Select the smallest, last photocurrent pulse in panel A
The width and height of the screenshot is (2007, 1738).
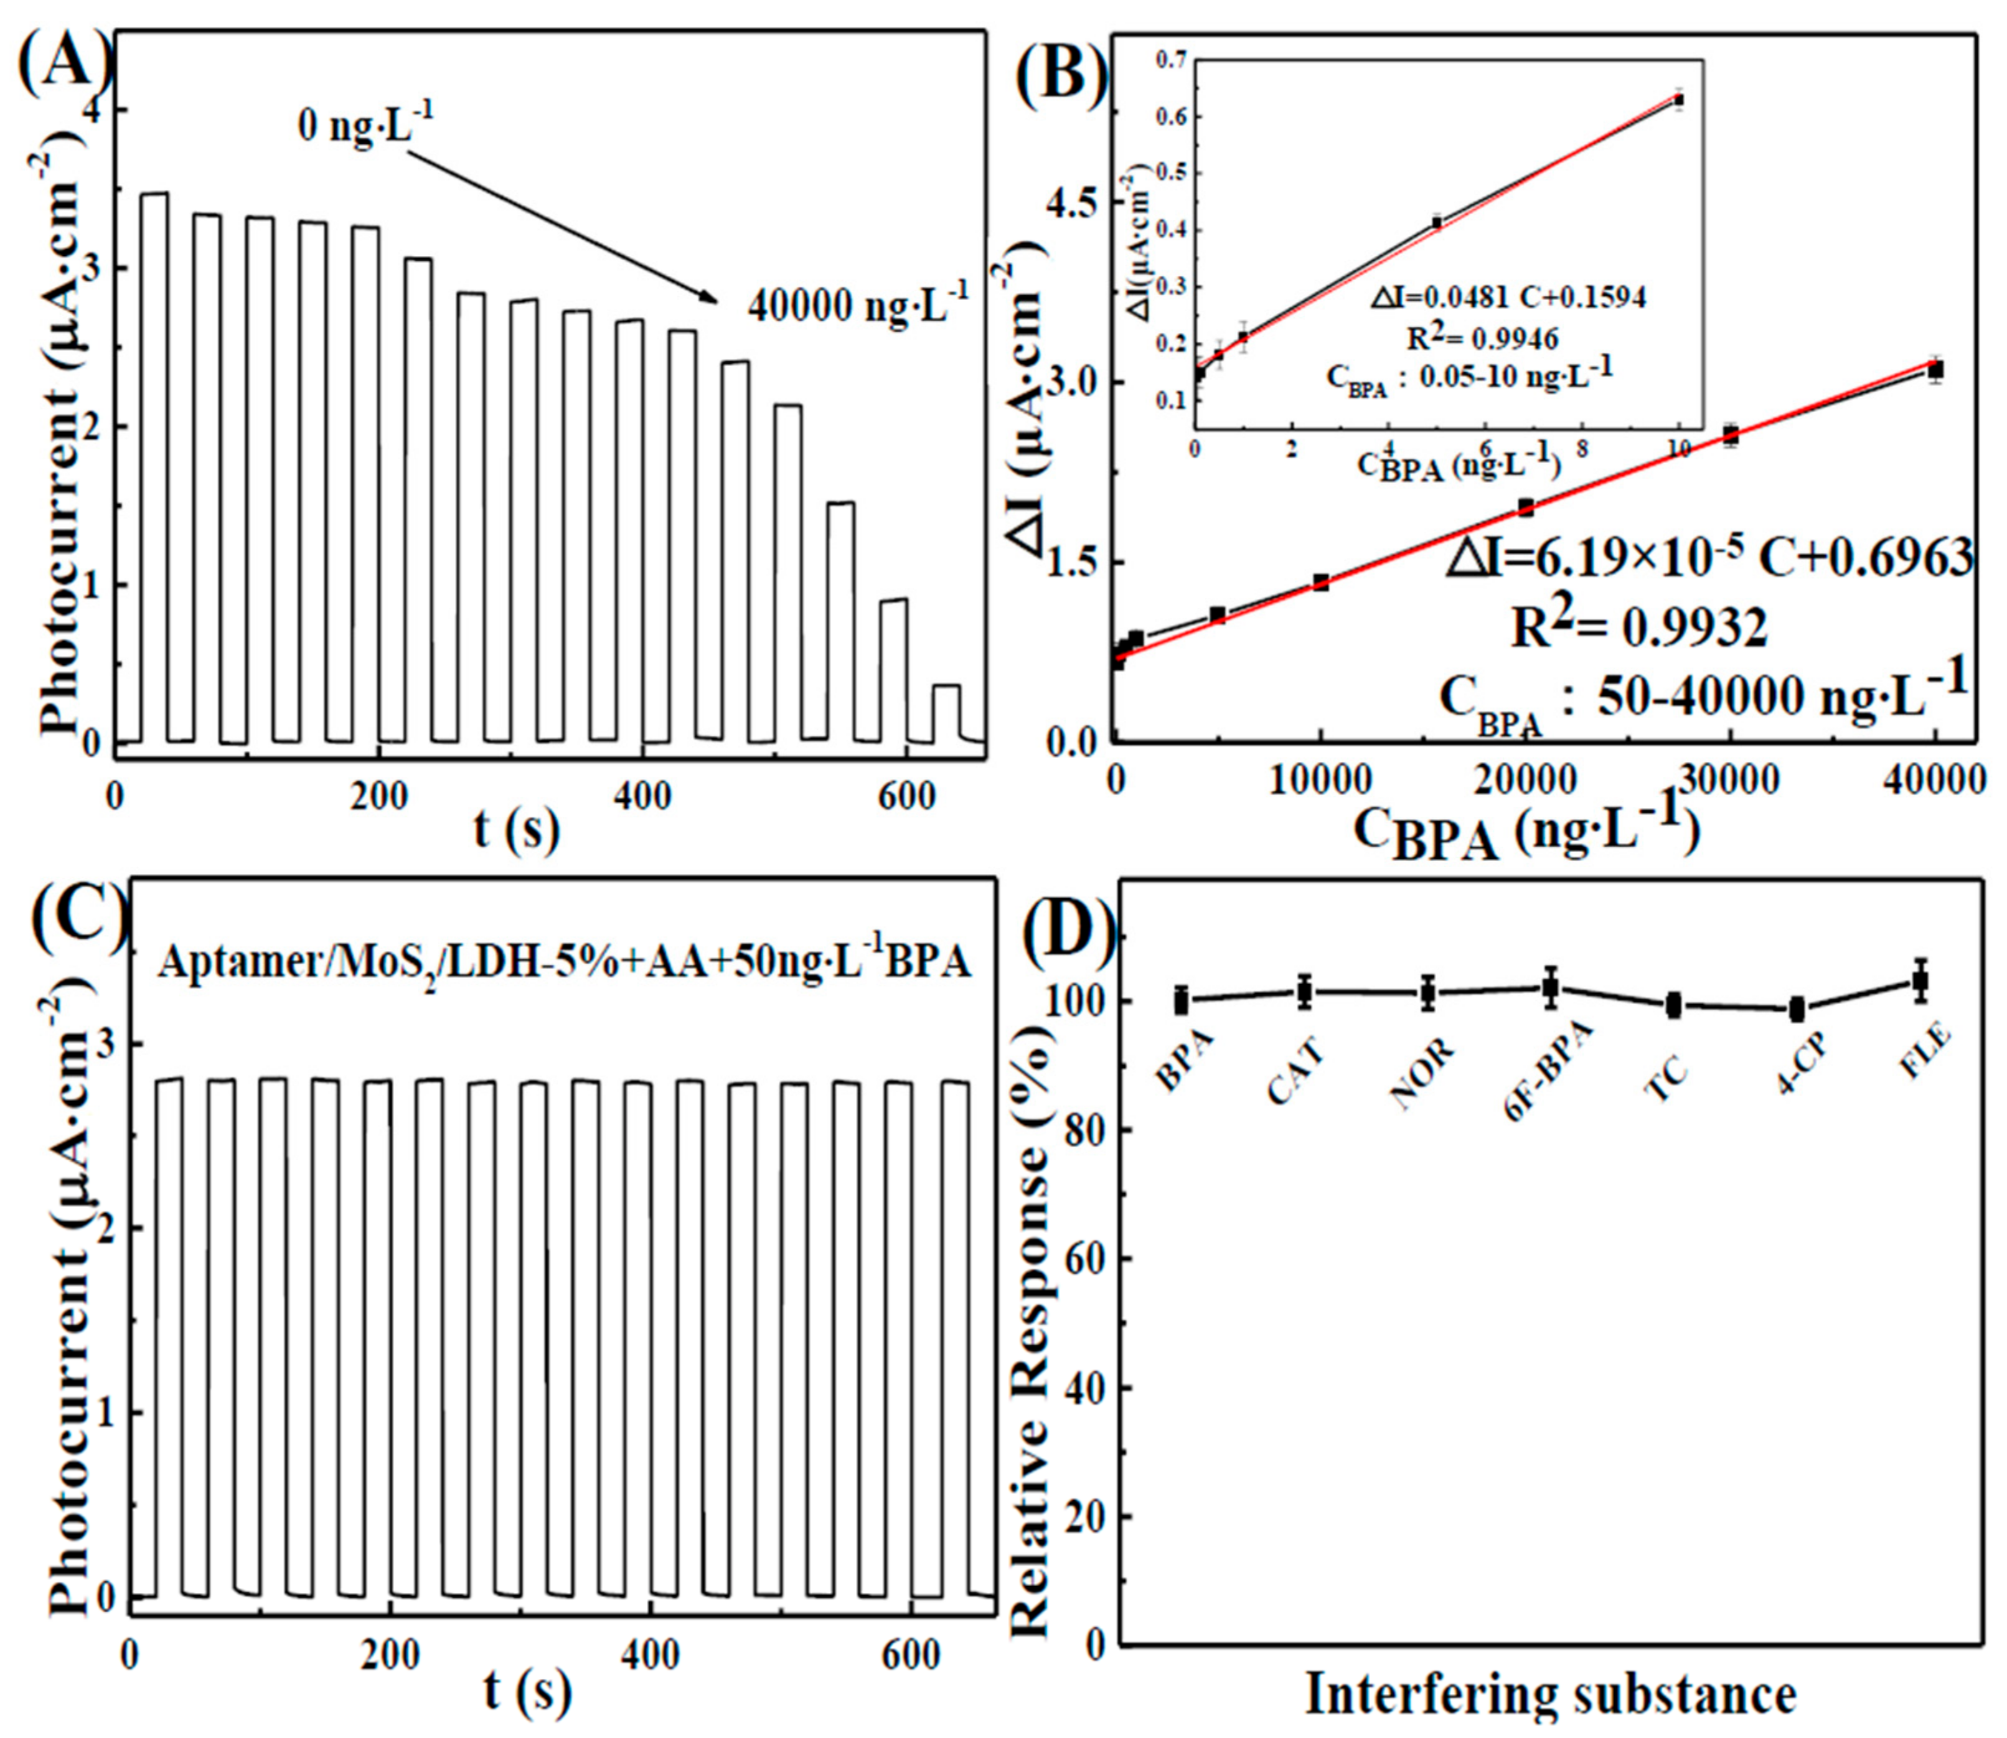(x=946, y=713)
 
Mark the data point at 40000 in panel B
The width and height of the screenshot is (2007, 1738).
(x=1935, y=370)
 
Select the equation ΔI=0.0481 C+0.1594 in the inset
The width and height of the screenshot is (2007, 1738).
(x=1508, y=297)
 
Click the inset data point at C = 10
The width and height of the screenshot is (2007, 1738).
(x=1678, y=99)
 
